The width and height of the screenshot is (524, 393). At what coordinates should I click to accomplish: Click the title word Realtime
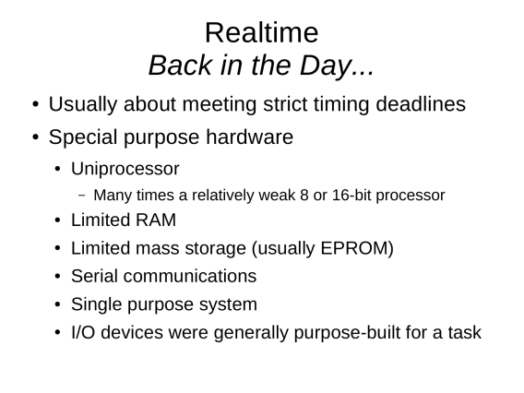click(262, 33)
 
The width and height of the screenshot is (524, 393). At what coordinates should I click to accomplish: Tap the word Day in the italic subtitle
click(325, 66)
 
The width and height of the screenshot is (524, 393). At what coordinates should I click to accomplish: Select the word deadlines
click(421, 104)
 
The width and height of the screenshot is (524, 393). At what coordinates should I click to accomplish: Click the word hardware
click(249, 137)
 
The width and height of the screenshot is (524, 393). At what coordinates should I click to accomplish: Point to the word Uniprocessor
click(125, 169)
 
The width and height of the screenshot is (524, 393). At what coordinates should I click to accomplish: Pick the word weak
click(277, 195)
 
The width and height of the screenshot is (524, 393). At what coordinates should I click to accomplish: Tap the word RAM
click(155, 220)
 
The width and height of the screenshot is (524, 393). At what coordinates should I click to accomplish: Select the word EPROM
click(357, 248)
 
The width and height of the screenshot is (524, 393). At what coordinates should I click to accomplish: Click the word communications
click(190, 277)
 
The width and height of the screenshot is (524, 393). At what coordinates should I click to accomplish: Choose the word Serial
click(95, 277)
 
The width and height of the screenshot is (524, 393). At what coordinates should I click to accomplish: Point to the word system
click(228, 304)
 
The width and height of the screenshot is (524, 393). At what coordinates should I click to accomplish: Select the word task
click(465, 333)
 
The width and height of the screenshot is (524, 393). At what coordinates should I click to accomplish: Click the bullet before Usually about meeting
click(36, 104)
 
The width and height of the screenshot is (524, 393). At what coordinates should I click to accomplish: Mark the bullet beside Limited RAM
click(58, 220)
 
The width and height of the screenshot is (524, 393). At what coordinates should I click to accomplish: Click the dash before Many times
click(81, 196)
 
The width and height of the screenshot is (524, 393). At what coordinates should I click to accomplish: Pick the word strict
click(285, 104)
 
